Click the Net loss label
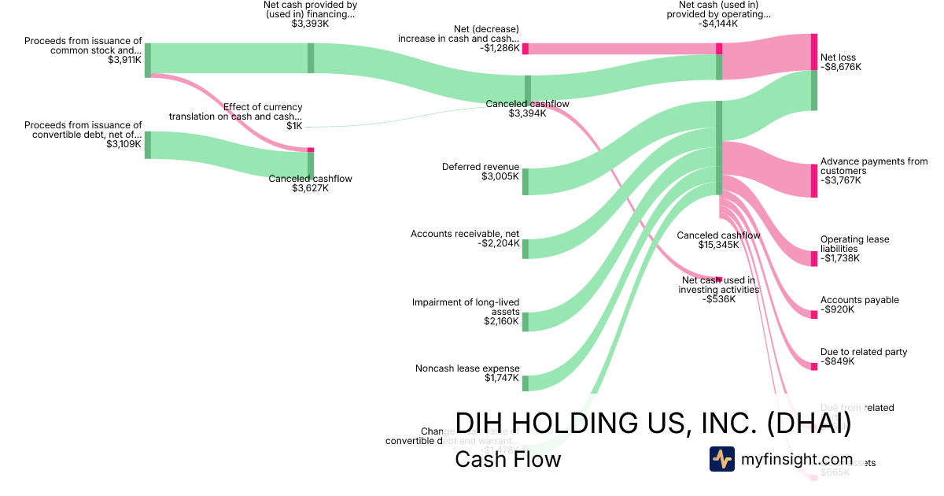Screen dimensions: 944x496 [x=838, y=57]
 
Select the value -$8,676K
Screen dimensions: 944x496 [x=841, y=68]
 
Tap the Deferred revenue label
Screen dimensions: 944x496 [x=480, y=167]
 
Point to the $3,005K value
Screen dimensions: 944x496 [x=500, y=177]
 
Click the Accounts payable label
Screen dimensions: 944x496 [x=859, y=300]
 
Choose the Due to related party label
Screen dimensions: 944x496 [x=863, y=352]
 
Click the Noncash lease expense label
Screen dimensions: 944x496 [x=466, y=368]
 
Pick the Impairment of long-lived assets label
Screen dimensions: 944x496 [x=466, y=307]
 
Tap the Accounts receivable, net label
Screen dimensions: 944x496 [x=464, y=234]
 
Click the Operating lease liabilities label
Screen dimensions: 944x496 [x=854, y=244]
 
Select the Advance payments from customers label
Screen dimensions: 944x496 [x=873, y=166]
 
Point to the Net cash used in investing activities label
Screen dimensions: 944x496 [x=718, y=284]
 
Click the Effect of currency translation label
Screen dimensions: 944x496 [x=235, y=112]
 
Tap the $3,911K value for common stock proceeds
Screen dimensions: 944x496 [x=124, y=60]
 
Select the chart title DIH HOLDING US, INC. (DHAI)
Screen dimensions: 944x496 [x=652, y=423]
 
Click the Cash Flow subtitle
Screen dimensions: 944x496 [x=507, y=460]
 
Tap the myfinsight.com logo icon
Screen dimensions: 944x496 [x=721, y=459]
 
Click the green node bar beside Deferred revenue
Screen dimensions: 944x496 [x=525, y=181]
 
